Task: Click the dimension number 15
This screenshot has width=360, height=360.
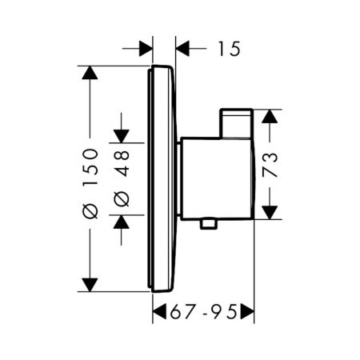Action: (x=228, y=50)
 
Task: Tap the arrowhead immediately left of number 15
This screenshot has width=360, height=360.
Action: (x=184, y=50)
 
